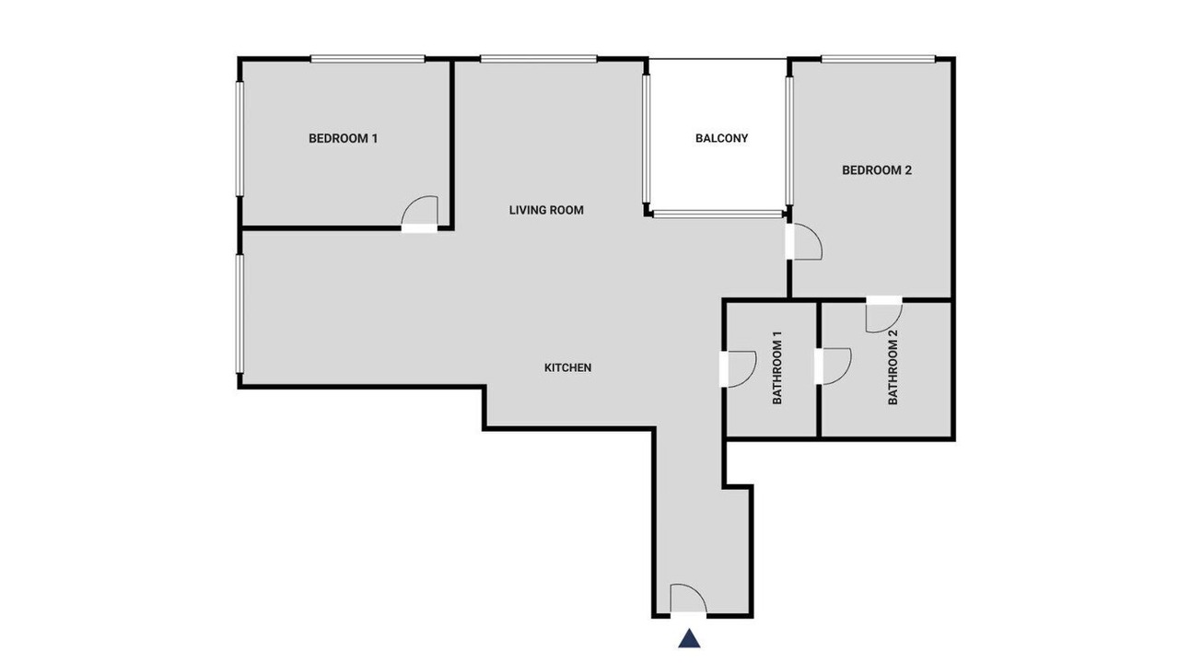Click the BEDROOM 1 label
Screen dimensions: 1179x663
click(344, 138)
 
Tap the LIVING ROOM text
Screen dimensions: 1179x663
click(546, 210)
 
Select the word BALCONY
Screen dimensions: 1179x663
click(721, 138)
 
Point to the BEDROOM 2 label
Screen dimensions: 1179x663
click(877, 170)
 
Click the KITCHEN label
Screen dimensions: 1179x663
click(568, 367)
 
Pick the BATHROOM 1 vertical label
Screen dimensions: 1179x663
click(777, 367)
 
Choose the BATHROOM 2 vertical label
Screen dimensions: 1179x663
click(893, 367)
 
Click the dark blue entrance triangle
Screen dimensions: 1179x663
click(689, 638)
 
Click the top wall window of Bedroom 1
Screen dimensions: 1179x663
click(368, 59)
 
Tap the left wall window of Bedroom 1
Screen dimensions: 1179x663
click(239, 139)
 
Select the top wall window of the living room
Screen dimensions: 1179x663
click(539, 59)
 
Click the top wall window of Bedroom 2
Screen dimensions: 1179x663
click(879, 59)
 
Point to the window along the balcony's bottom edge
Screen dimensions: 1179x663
click(718, 215)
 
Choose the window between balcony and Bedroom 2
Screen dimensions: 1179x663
click(789, 141)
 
